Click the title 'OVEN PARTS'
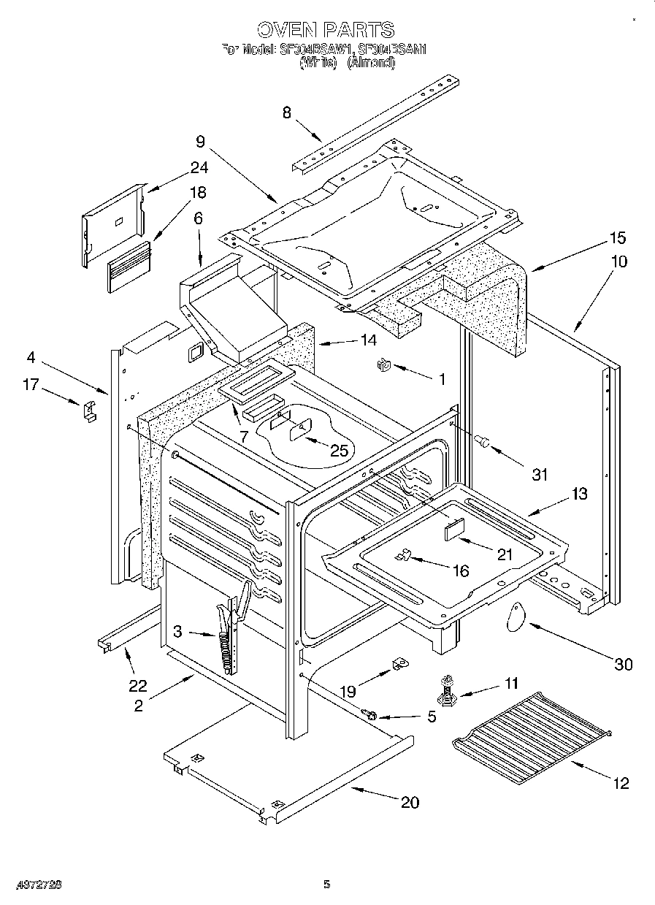tap(326, 30)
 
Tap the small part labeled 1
tap(382, 367)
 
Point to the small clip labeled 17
tap(88, 411)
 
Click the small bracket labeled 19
tap(399, 664)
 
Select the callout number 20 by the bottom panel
tap(410, 802)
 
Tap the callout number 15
tap(618, 238)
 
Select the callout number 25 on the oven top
tap(339, 450)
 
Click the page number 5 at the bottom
tap(327, 885)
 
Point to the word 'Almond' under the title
tap(371, 64)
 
